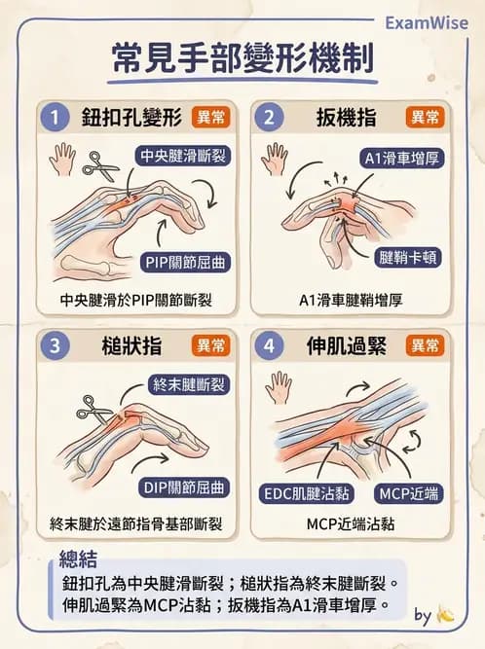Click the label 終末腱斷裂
point(190,384)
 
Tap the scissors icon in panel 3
point(95,408)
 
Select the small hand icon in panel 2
point(274,159)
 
